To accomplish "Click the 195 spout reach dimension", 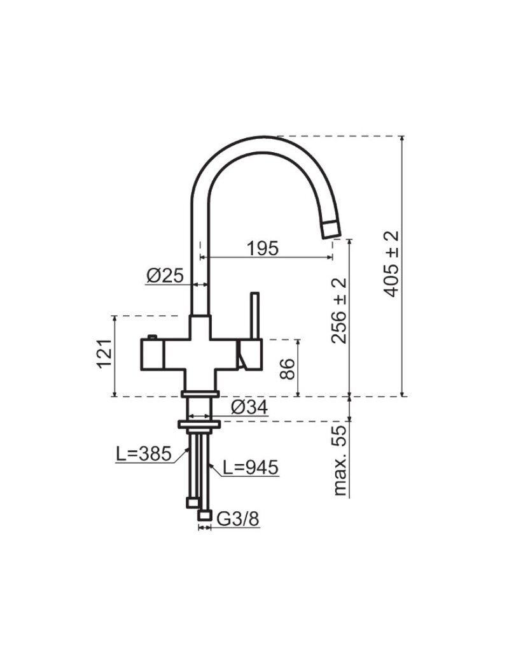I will tap(263, 248).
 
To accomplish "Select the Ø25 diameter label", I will tap(165, 275).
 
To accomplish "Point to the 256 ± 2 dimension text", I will tap(340, 310).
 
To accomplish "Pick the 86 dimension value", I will tap(288, 368).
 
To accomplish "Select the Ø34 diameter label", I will tap(250, 407).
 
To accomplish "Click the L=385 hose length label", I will tap(144, 454).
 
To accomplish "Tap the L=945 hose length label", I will tap(251, 468).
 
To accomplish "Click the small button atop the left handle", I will tap(152, 336).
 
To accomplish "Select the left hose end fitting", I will tap(192, 503).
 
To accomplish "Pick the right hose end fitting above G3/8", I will tap(205, 514).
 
